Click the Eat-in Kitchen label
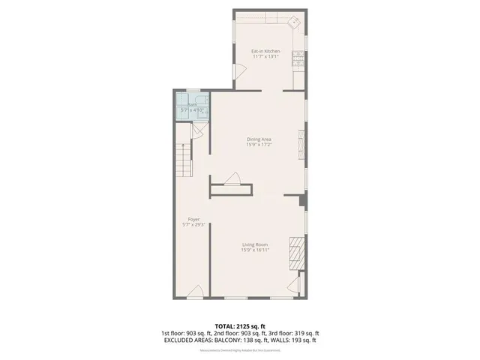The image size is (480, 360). click(265, 51)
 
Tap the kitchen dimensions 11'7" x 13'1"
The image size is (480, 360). click(265, 56)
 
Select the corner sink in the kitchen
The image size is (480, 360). click(295, 22)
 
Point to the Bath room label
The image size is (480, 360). click(191, 105)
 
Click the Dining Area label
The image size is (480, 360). click(259, 139)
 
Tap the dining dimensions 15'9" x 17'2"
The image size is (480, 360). click(259, 145)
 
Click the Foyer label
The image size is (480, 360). click(193, 220)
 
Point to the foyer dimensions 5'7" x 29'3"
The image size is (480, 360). click(193, 225)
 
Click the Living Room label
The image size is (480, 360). click(256, 245)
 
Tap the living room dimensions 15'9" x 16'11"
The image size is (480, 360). click(256, 250)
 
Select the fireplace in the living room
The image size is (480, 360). click(298, 253)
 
